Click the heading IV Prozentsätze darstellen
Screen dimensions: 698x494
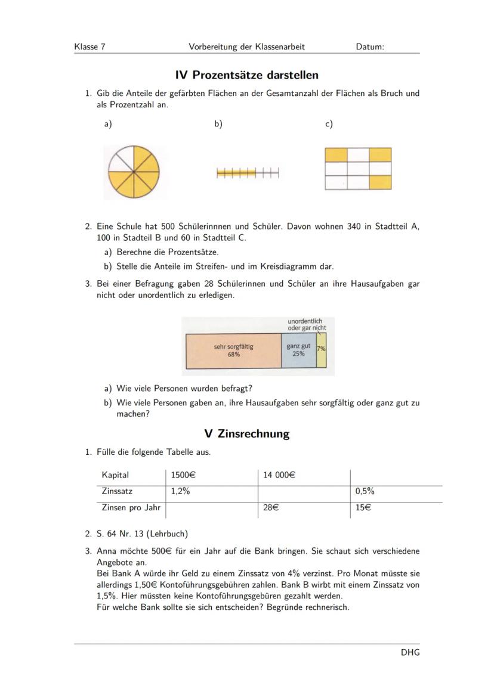[247, 75]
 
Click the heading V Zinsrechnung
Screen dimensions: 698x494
[247, 434]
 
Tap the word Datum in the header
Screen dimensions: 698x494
[369, 46]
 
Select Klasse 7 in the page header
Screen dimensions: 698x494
[90, 46]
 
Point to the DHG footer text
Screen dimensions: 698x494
[410, 652]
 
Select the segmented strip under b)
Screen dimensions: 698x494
[247, 173]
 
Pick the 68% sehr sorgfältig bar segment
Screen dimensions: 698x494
[233, 350]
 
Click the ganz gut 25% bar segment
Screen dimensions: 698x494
[298, 350]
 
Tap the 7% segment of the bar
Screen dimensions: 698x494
[322, 350]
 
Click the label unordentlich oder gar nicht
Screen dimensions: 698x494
[307, 325]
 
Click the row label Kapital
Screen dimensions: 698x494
[116, 475]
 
